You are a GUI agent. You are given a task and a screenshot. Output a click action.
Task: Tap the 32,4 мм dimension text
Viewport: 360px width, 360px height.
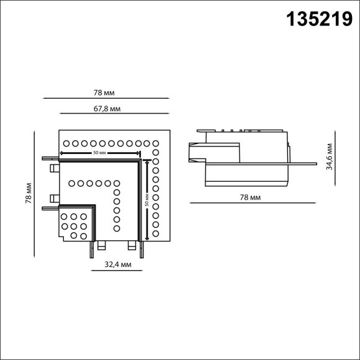pyautogui.click(x=117, y=264)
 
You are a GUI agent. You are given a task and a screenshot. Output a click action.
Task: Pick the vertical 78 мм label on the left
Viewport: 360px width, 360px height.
pyautogui.click(x=28, y=192)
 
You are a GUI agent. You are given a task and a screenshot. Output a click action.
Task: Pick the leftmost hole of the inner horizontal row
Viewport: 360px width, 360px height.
pyautogui.click(x=71, y=183)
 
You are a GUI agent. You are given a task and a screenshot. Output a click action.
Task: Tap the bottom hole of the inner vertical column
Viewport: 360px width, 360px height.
pyautogui.click(x=116, y=228)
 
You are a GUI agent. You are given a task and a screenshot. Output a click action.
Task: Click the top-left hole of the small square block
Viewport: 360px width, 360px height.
pyautogui.click(x=64, y=217)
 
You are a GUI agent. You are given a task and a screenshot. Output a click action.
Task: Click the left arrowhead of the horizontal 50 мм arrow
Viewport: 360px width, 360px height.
pyautogui.click(x=63, y=152)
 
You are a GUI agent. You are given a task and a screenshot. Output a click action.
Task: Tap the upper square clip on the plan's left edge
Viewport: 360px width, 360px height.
pyautogui.click(x=54, y=168)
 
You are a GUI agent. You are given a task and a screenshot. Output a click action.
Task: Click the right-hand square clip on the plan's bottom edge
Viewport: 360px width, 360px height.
pyautogui.click(x=131, y=246)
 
